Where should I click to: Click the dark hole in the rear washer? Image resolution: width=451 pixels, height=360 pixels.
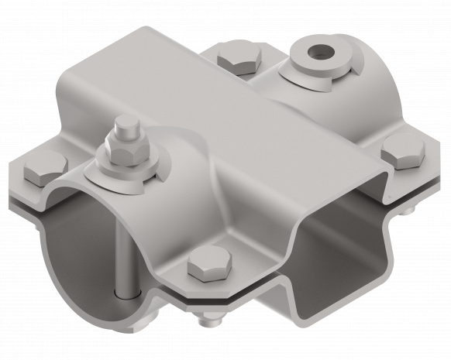point(317,53)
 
